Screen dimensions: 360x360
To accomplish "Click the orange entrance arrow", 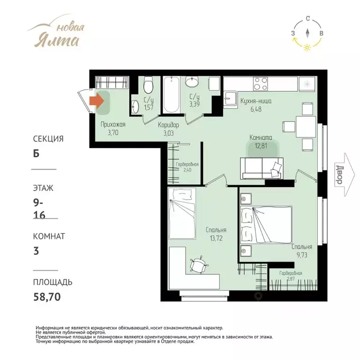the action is [x=97, y=101].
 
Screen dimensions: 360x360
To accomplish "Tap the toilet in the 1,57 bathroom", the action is [x=148, y=85].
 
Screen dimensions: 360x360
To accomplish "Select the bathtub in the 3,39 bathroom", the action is [x=171, y=95].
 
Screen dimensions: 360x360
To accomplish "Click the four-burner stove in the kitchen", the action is [x=261, y=84].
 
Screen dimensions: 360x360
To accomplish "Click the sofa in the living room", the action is [x=262, y=168].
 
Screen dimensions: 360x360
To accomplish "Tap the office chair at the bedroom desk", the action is [x=199, y=265].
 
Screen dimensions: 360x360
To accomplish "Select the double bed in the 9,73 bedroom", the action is [x=266, y=225].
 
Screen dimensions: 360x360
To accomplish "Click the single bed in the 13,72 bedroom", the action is [x=182, y=214].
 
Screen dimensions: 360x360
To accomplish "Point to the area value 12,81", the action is [x=261, y=146].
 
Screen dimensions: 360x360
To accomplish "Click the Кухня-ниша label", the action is [x=256, y=101].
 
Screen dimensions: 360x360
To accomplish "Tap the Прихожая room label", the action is [x=113, y=124].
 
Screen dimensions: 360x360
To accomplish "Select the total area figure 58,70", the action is [x=47, y=297].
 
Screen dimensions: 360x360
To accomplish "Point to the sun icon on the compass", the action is [x=307, y=47].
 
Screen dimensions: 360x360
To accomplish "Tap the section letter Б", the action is [x=36, y=154].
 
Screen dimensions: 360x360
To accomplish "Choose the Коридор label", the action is [x=168, y=125].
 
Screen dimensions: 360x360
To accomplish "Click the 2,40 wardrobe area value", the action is [x=187, y=170].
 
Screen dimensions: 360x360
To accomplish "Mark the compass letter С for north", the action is [x=308, y=19].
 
